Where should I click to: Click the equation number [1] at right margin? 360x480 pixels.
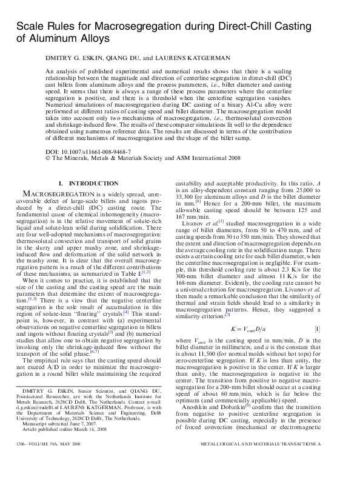(334, 328)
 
